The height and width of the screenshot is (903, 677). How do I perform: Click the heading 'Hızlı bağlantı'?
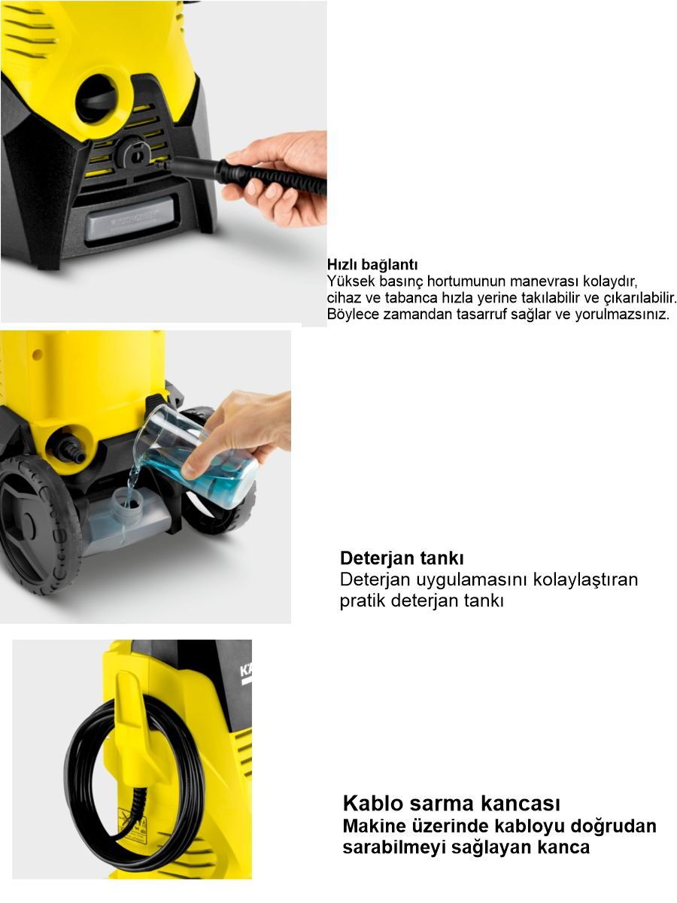click(x=372, y=265)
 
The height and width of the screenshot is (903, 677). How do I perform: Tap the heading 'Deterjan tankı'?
click(x=402, y=559)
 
